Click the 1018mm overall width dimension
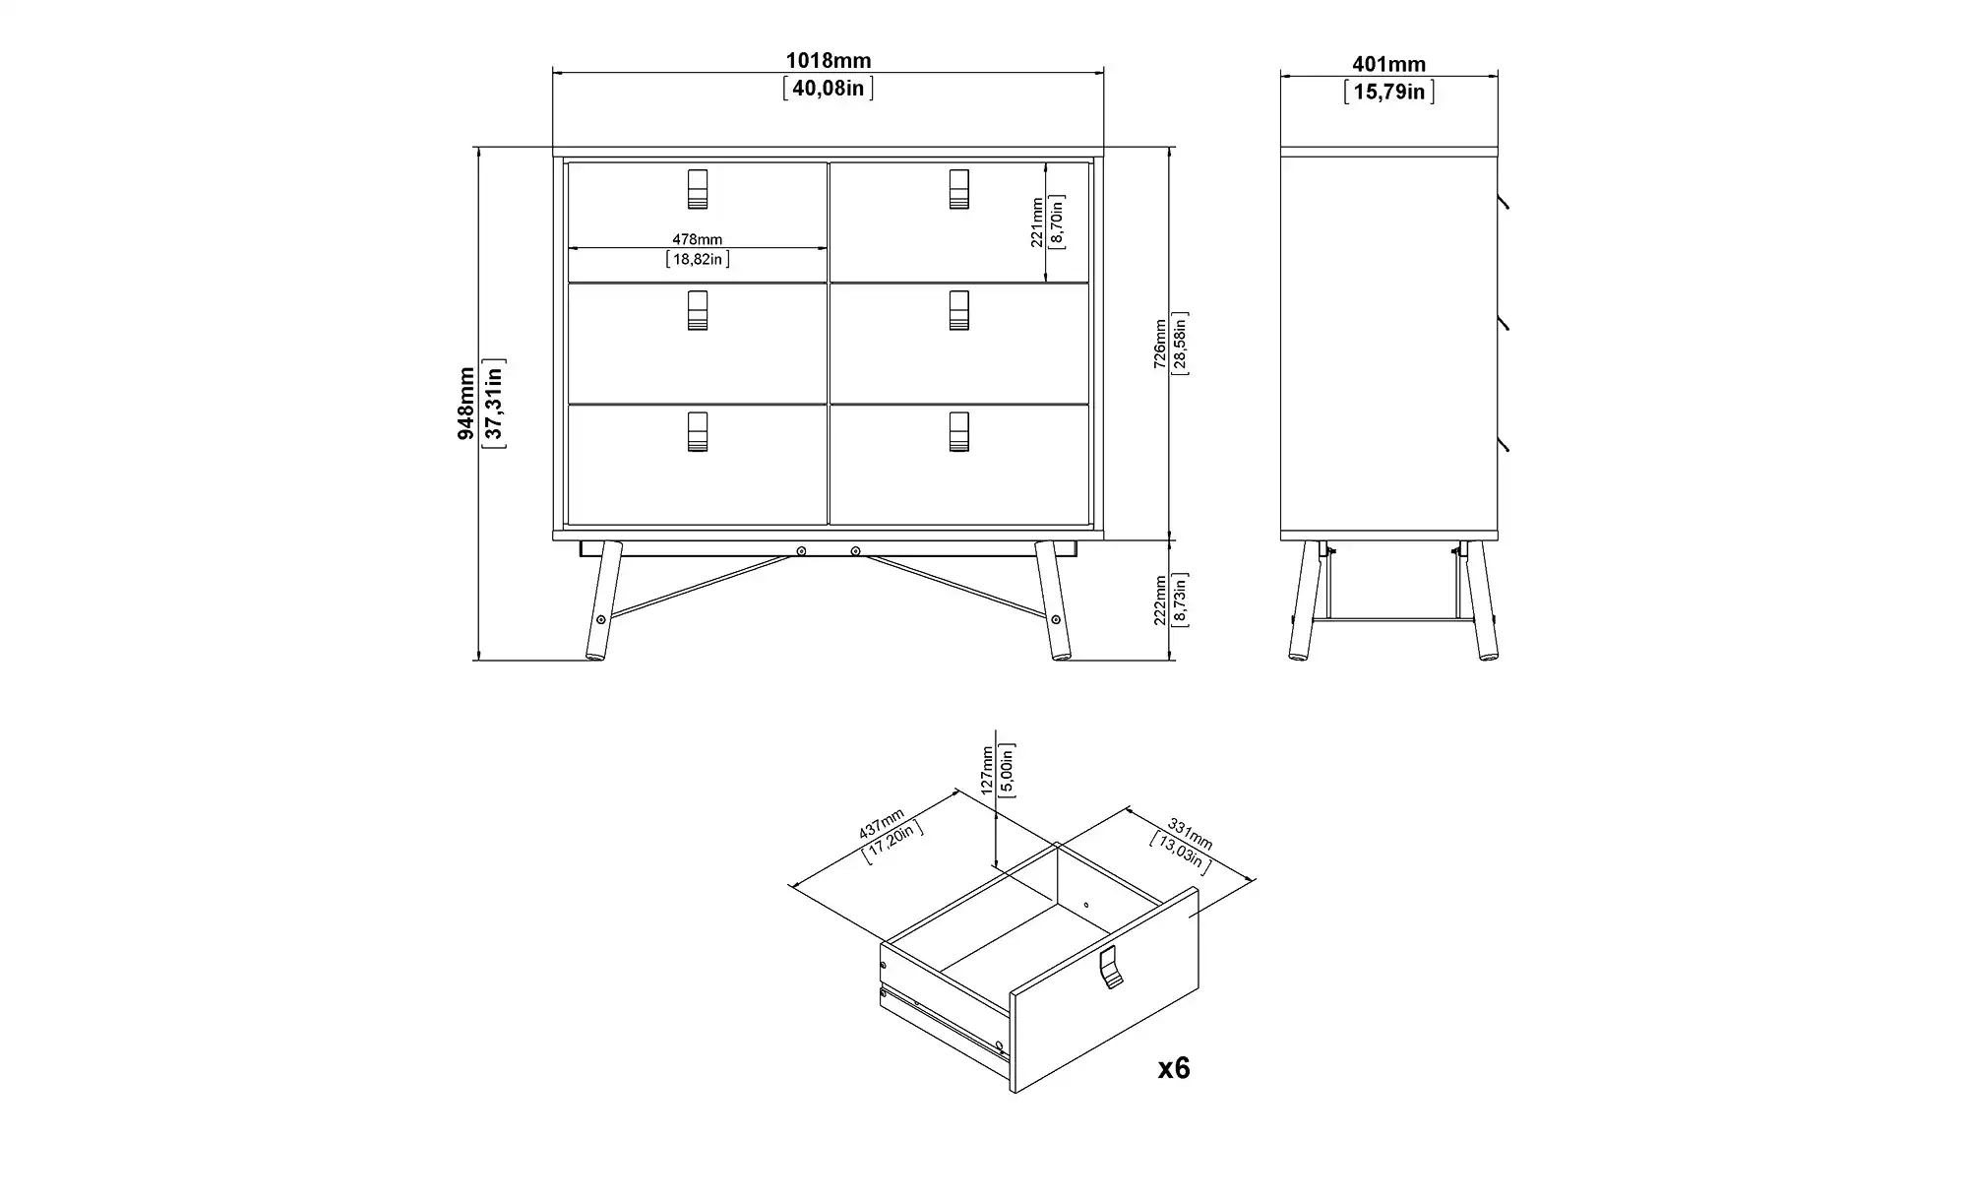[828, 61]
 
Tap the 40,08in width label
[828, 89]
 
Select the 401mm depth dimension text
[1388, 64]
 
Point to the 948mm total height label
[466, 404]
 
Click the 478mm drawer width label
[697, 239]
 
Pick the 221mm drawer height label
[1037, 222]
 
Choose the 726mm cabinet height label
[1160, 343]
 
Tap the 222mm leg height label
[1160, 600]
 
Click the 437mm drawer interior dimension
[882, 823]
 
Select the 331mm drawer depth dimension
[1190, 834]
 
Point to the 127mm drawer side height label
[987, 769]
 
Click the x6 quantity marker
[1174, 1068]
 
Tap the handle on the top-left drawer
[697, 189]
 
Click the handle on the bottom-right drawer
[959, 431]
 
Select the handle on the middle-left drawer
[697, 310]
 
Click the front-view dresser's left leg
[603, 601]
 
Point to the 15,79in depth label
[1388, 92]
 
